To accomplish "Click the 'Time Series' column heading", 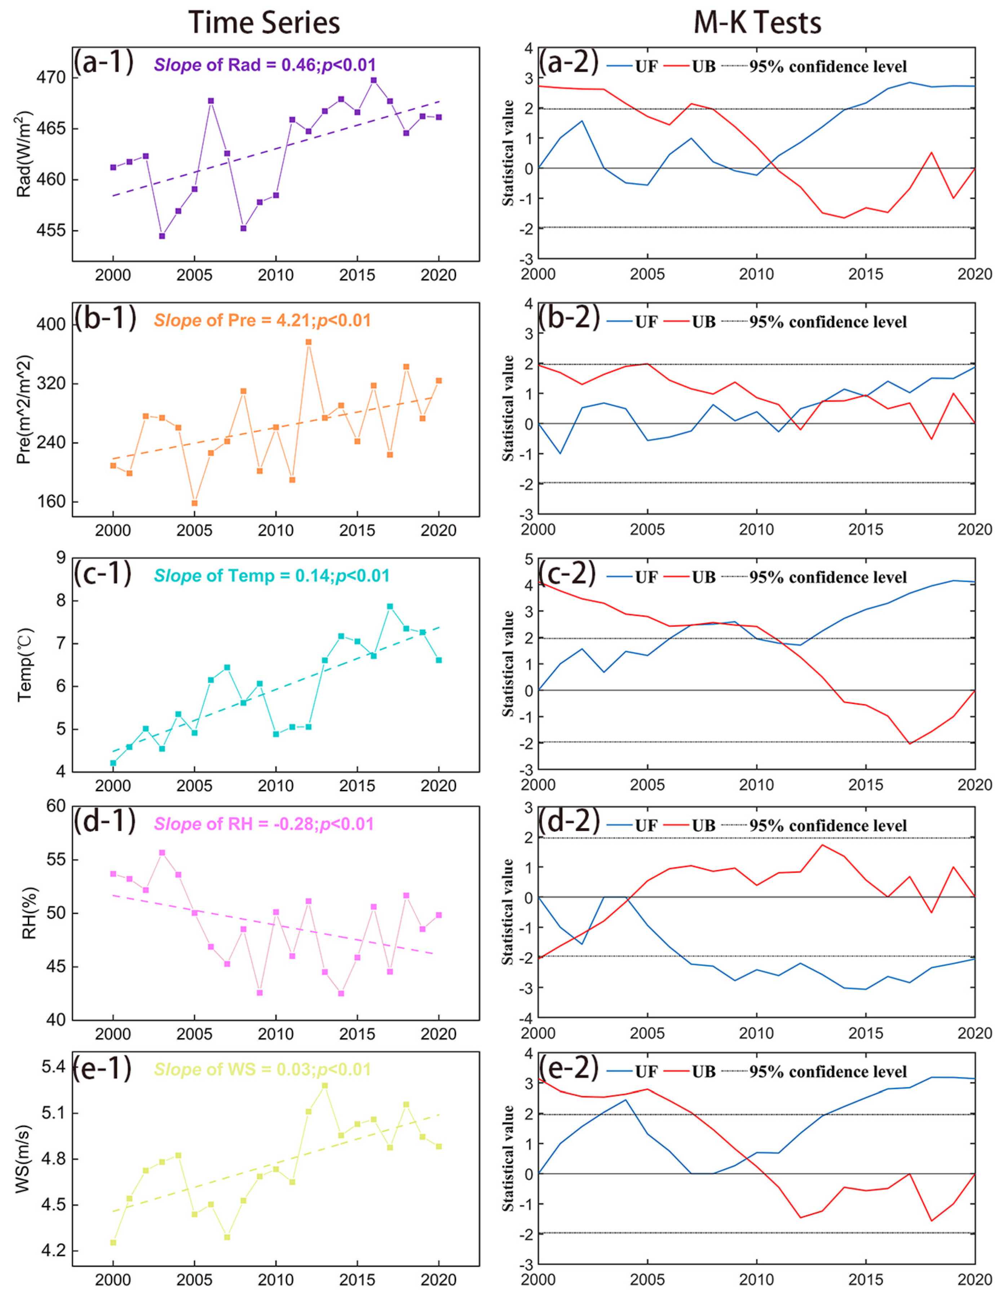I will pyautogui.click(x=264, y=23).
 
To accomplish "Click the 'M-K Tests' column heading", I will pyautogui.click(x=757, y=23).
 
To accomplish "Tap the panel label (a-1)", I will pyautogui.click(x=103, y=62).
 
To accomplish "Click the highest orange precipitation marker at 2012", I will pyautogui.click(x=309, y=342).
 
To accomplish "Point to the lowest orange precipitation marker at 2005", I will pyautogui.click(x=194, y=503).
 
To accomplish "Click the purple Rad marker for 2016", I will pyautogui.click(x=373, y=80).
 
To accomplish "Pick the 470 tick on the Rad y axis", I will pyautogui.click(x=53, y=78).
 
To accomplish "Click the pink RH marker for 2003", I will pyautogui.click(x=162, y=853).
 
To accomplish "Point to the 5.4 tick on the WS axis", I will pyautogui.click(x=53, y=1067).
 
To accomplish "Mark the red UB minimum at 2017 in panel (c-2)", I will pyautogui.click(x=909, y=743).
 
